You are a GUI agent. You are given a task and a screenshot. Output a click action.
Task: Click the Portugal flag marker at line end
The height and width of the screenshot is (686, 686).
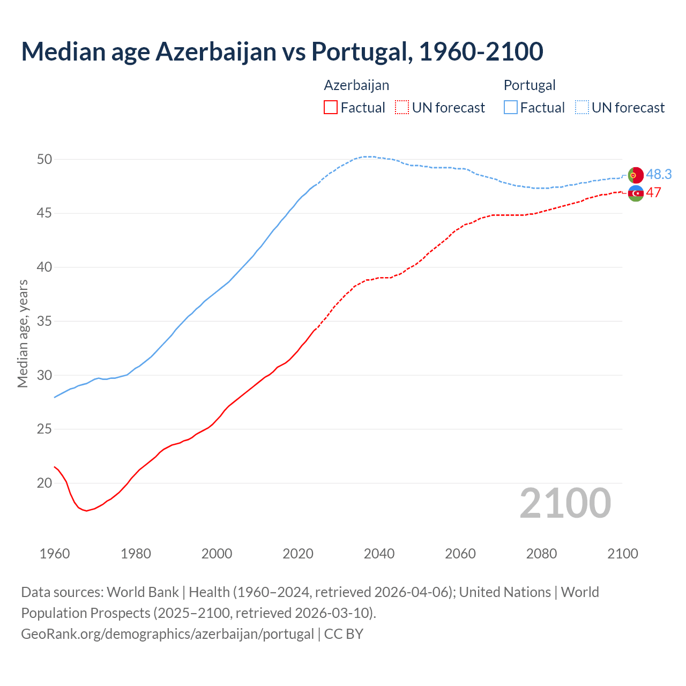(635, 175)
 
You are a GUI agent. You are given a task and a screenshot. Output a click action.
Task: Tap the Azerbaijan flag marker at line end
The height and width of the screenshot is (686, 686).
(635, 193)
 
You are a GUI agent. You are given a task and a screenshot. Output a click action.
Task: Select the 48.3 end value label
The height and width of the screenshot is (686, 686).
(659, 174)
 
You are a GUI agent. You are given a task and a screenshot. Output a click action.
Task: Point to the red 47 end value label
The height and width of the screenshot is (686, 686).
(654, 193)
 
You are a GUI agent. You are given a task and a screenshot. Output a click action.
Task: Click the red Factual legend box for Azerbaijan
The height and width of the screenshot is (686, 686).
(331, 108)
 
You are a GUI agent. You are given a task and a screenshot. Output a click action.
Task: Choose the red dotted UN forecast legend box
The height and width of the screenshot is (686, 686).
(402, 108)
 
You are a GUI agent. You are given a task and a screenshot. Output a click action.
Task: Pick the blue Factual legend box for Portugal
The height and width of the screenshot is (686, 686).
(511, 108)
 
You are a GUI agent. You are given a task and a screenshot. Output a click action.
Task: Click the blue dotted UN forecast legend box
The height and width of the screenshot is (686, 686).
(582, 108)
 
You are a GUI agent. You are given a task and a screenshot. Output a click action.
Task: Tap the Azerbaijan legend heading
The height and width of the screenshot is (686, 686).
(356, 85)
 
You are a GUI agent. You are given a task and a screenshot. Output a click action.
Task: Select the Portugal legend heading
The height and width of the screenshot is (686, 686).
(530, 85)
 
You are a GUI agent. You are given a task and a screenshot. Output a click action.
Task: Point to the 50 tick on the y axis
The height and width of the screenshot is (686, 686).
(44, 159)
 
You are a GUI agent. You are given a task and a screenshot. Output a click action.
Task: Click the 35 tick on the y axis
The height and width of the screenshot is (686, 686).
(44, 321)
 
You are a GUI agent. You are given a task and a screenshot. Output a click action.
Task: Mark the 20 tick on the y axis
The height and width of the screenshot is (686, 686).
(44, 483)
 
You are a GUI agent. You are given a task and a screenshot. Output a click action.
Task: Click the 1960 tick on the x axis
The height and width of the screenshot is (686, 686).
(55, 554)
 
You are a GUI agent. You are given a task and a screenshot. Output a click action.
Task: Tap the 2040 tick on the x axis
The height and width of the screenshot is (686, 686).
(379, 554)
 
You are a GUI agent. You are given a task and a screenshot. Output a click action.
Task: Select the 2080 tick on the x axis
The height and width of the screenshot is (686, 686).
(541, 554)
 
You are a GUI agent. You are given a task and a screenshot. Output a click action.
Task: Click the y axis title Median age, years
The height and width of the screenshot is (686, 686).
(23, 333)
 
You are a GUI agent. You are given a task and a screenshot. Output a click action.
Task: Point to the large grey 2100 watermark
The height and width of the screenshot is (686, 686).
(565, 503)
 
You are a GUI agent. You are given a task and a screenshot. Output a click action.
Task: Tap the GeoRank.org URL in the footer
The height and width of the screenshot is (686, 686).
(167, 633)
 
